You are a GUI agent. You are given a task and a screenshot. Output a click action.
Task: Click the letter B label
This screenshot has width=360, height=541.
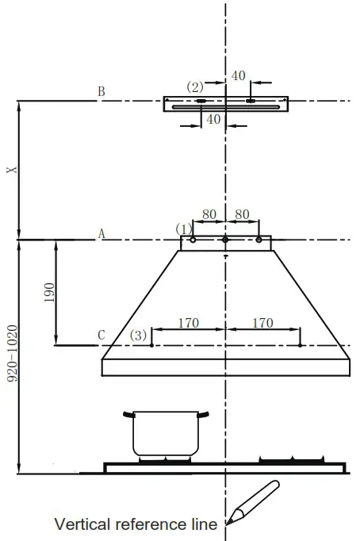click(x=101, y=92)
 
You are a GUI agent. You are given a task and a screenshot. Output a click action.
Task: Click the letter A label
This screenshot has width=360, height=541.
click(x=101, y=233)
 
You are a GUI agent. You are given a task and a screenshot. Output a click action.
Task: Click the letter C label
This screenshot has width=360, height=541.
click(x=101, y=336)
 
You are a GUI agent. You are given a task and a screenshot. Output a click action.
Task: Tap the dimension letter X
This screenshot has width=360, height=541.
click(x=10, y=171)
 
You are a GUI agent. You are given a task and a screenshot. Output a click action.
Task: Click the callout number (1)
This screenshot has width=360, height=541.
click(x=184, y=228)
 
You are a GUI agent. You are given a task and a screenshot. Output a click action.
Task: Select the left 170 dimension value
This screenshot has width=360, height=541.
click(x=188, y=323)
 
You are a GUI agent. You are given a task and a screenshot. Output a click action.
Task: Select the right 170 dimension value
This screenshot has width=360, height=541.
click(x=262, y=323)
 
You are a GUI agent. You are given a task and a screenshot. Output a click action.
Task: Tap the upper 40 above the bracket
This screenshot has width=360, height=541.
click(x=239, y=75)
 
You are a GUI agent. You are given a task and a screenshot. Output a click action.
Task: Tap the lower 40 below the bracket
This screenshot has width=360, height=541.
click(x=213, y=119)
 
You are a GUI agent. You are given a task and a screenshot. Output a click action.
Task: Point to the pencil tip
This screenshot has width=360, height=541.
click(x=230, y=521)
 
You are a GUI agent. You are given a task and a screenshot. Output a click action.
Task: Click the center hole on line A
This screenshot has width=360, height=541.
click(x=225, y=240)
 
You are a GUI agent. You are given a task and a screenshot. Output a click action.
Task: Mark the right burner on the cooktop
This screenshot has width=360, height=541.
click(x=289, y=460)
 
